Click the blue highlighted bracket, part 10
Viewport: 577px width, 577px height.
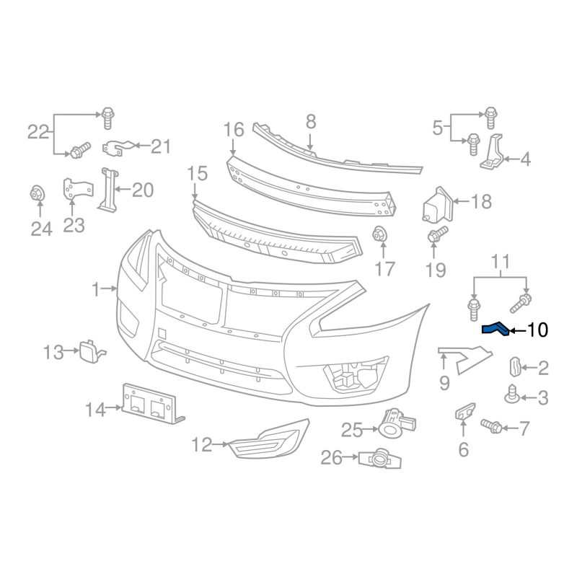click(495, 329)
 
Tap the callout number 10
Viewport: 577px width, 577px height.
click(537, 330)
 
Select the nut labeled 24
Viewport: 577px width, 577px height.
click(38, 193)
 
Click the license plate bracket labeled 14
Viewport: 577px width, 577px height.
click(153, 404)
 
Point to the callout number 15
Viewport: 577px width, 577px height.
click(197, 173)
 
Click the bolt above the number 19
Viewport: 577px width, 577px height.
click(438, 234)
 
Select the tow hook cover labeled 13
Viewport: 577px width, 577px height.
click(92, 351)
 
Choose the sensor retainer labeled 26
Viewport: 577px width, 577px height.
click(380, 459)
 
